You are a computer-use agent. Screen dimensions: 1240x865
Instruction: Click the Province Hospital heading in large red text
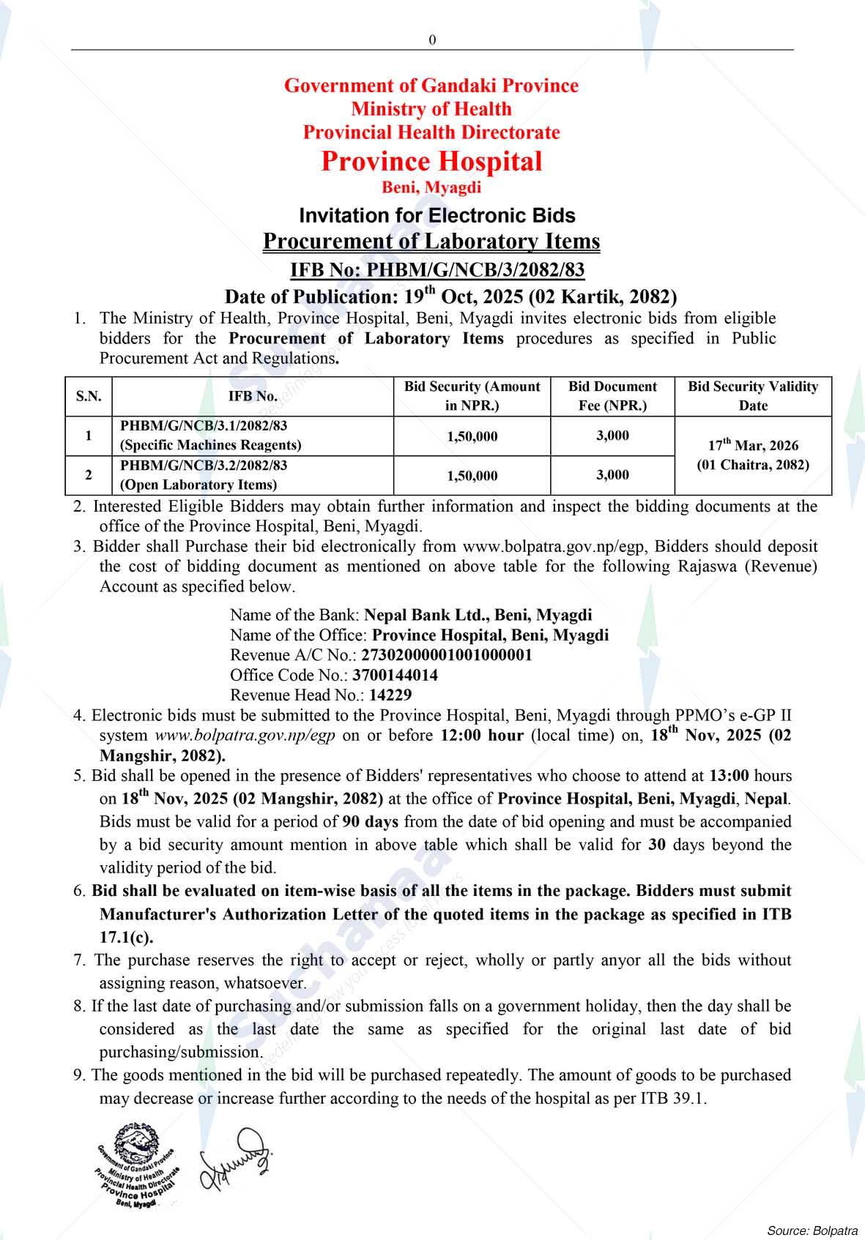tap(431, 161)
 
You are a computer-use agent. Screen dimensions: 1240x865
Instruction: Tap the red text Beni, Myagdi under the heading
tap(431, 187)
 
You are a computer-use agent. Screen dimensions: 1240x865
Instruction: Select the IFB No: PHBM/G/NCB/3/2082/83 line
tap(437, 270)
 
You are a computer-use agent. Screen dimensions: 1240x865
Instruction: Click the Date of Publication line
tap(450, 296)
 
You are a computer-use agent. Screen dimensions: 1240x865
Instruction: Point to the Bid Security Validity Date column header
tap(752, 396)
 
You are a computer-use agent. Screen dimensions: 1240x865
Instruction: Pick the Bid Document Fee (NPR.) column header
tap(612, 396)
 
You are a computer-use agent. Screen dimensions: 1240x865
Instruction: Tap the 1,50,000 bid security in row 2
tap(472, 476)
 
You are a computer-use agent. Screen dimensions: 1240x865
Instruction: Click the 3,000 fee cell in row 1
tap(612, 436)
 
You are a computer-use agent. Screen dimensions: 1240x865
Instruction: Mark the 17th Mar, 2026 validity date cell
tap(752, 455)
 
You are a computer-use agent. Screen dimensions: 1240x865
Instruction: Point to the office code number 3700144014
tap(396, 675)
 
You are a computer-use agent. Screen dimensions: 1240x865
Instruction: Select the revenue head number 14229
tap(390, 695)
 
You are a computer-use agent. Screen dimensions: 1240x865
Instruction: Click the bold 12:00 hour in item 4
tap(481, 735)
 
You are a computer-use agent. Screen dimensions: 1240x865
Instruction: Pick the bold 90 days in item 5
tap(370, 821)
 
